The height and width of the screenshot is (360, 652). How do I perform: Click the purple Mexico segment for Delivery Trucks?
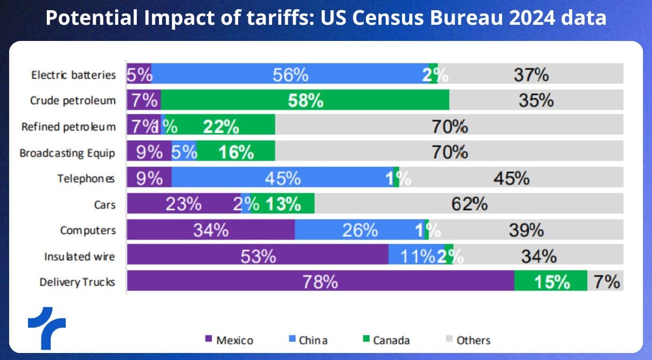click(320, 281)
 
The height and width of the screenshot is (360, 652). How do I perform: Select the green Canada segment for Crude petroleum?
click(305, 100)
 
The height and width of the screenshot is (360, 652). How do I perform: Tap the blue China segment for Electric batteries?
click(290, 74)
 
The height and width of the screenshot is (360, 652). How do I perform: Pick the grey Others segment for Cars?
click(469, 204)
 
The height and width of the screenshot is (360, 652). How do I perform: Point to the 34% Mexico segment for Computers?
click(211, 230)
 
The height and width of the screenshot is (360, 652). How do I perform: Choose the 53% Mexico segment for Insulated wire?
click(258, 256)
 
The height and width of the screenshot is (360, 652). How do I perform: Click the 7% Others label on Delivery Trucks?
click(607, 281)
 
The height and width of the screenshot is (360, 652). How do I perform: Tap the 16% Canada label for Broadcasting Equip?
click(235, 153)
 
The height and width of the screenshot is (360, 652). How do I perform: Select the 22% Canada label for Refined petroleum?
click(221, 127)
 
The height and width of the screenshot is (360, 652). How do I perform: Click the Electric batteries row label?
click(73, 75)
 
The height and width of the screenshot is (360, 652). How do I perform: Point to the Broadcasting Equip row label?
click(67, 153)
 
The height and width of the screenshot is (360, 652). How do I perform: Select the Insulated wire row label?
click(80, 257)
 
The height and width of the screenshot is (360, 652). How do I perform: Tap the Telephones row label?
click(86, 179)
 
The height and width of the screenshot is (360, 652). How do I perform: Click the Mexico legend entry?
click(229, 340)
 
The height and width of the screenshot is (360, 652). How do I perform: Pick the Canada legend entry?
click(386, 340)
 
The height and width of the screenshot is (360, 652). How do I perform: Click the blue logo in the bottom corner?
click(46, 325)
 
